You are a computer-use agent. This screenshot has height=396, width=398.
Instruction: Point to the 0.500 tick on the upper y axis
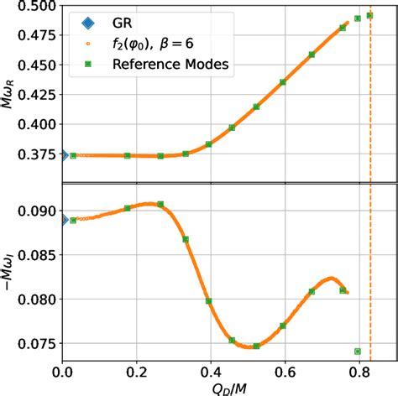39,7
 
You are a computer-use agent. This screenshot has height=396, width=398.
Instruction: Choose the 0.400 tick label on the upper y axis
39,124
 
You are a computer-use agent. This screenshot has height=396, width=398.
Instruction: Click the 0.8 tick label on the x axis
359,370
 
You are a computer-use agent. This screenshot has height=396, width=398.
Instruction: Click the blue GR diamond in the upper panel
63,155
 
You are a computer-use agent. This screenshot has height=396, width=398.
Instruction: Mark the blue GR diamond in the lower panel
63,220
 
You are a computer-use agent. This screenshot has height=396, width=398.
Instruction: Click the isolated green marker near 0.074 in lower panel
358,352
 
